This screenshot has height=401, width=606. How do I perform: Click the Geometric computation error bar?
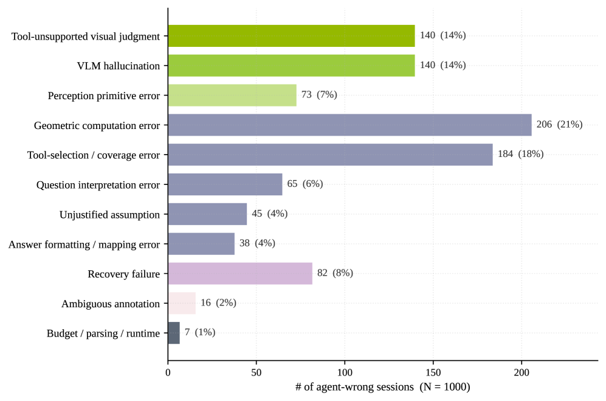coord(349,125)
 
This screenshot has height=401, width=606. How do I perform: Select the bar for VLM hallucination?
coord(291,66)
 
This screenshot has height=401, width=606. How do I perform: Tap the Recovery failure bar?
coord(240,273)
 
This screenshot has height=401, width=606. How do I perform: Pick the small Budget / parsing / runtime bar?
coord(174,333)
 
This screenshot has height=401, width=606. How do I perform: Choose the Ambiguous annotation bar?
coord(182,303)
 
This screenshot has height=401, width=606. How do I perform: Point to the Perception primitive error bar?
coord(232,95)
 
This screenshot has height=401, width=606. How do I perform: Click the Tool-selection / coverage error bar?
coord(331,155)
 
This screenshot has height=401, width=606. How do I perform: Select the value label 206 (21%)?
coord(559,125)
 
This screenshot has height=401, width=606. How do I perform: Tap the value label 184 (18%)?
coord(520,154)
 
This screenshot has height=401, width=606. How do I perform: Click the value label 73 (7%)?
coord(319,95)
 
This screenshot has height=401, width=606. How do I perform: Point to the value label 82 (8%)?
coord(335,273)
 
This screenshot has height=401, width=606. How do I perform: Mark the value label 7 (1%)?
coord(200,332)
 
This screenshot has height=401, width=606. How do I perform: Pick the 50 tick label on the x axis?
coord(257,373)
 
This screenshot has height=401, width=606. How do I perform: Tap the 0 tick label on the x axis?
coord(168,373)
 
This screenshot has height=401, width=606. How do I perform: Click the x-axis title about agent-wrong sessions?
coord(382,387)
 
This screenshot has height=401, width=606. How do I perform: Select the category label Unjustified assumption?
coord(109,215)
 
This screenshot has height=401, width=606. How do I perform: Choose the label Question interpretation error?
coord(98,185)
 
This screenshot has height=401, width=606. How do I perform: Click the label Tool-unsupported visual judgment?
coord(86,37)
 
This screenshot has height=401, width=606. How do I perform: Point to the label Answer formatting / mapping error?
coord(84,245)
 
